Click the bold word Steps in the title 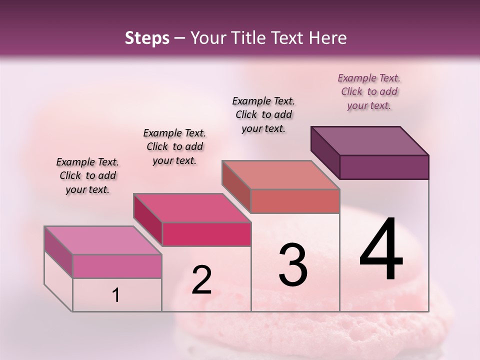click(x=147, y=38)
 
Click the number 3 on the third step click(x=292, y=265)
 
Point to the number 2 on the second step click(x=201, y=280)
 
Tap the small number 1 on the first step click(x=116, y=295)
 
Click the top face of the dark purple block click(x=370, y=140)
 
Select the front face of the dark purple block click(x=384, y=167)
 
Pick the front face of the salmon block click(x=295, y=201)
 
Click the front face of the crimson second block click(x=206, y=234)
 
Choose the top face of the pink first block click(x=103, y=240)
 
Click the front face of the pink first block click(x=117, y=266)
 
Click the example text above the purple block click(x=369, y=91)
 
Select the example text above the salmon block click(x=263, y=114)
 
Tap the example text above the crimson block click(x=174, y=146)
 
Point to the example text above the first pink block click(x=87, y=175)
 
